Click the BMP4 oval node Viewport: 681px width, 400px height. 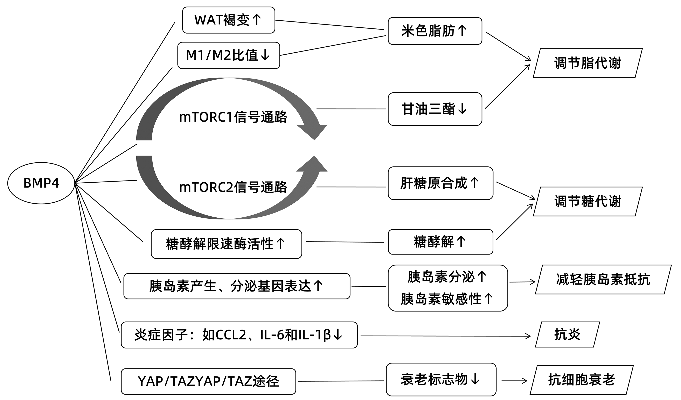coord(41,183)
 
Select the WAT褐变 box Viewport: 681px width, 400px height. coord(229,20)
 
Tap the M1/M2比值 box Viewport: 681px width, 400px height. coord(229,55)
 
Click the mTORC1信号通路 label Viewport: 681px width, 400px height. coord(233,117)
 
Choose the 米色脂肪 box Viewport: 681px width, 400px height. coord(435,31)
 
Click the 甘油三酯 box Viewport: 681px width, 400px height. coord(435,109)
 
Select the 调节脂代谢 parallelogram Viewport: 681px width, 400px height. coord(588,63)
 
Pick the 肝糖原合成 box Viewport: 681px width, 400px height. coord(440,183)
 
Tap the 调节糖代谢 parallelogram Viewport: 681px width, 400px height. coord(588,202)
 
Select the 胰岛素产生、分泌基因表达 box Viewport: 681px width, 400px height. coord(237,286)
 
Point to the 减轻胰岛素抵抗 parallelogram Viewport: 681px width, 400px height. coord(603,279)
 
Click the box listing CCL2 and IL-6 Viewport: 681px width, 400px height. coord(239,335)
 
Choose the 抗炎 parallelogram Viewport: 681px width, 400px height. coord(567,334)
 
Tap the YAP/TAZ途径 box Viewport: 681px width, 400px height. coord(208,381)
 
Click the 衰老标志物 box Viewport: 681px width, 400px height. coord(441,379)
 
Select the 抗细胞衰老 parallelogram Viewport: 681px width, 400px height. coord(582,380)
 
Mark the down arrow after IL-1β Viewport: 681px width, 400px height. coord(338,335)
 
